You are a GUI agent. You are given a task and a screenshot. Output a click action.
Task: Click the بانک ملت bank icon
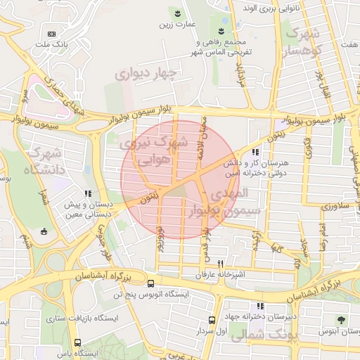tap(51, 34)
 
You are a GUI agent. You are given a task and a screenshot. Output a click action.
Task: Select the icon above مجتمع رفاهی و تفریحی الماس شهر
tap(222, 30)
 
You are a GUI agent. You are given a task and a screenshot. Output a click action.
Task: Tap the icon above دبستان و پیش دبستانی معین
tap(88, 193)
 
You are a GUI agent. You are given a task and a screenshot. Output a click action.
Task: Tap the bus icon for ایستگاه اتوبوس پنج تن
tap(151, 283)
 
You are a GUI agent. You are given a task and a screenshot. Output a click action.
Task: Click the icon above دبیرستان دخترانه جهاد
tap(261, 306)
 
